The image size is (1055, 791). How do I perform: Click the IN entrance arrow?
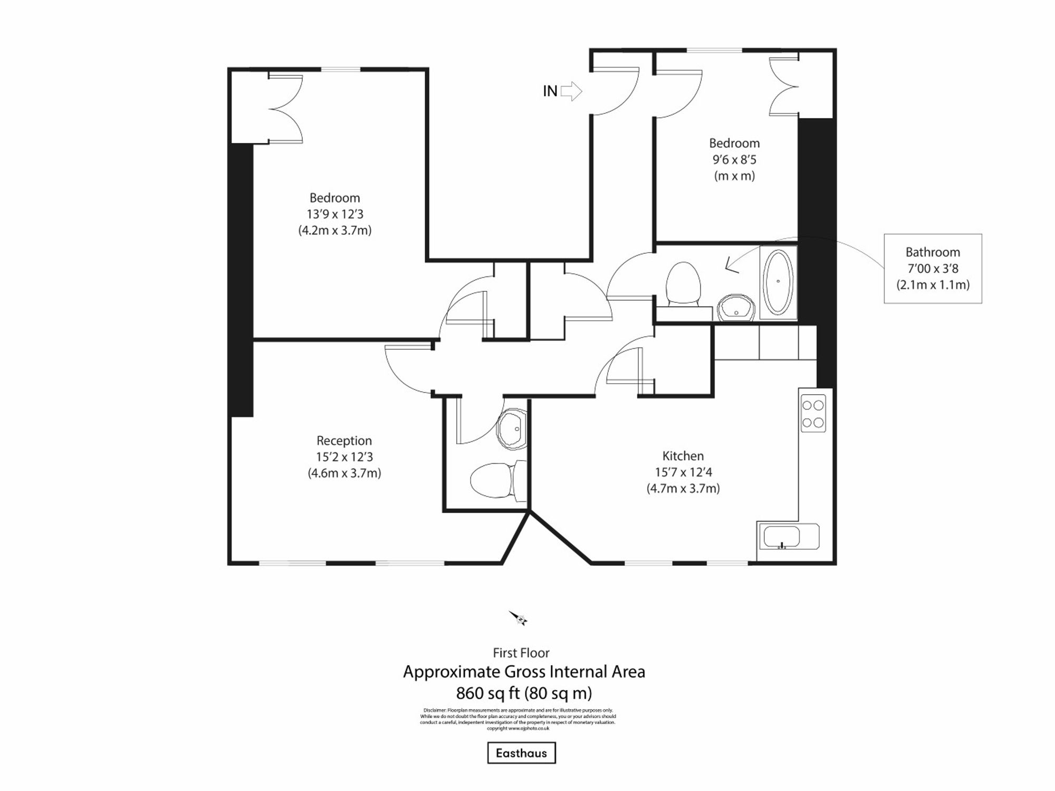click(571, 91)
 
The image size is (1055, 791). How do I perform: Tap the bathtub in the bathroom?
click(778, 282)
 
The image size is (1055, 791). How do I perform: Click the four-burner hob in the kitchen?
click(812, 414)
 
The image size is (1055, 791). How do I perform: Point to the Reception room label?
click(344, 441)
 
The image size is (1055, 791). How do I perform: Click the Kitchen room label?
click(683, 456)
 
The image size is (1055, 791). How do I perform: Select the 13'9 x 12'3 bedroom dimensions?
click(335, 214)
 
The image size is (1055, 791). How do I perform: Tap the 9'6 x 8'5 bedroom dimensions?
click(734, 159)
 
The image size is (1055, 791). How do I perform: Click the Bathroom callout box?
click(933, 269)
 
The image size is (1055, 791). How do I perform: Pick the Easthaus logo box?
click(521, 753)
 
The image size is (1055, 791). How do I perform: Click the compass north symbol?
click(519, 618)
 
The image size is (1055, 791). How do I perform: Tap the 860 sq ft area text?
click(523, 693)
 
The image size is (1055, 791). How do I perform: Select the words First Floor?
click(521, 653)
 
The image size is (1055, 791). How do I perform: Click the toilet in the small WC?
click(493, 480)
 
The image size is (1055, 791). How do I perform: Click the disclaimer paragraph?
click(518, 719)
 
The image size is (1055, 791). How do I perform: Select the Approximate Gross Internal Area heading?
click(524, 672)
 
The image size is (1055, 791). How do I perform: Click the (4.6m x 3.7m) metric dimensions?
click(344, 473)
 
